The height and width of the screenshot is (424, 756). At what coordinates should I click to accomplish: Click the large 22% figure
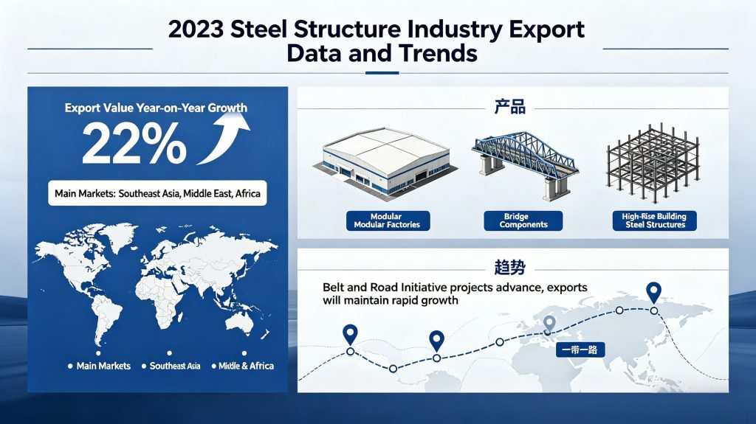click(x=134, y=143)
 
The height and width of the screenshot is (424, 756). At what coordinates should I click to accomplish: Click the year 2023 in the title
click(x=196, y=29)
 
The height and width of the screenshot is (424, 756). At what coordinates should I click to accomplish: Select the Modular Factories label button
click(x=388, y=220)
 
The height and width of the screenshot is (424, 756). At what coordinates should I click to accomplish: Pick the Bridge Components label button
click(x=523, y=220)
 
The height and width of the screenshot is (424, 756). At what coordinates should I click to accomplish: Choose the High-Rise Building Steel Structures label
click(x=654, y=220)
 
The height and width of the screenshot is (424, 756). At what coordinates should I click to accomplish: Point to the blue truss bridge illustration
click(x=525, y=164)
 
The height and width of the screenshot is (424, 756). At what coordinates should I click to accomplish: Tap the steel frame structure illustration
click(x=653, y=163)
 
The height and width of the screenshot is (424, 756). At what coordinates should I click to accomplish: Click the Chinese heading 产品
click(x=509, y=106)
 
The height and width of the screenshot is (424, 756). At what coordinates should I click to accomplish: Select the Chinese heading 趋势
click(x=509, y=267)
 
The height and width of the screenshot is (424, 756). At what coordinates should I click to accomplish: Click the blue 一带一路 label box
click(x=580, y=350)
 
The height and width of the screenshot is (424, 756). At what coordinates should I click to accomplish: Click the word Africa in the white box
click(x=248, y=194)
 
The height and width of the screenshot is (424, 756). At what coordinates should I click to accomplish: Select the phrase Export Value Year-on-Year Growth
click(x=156, y=108)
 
